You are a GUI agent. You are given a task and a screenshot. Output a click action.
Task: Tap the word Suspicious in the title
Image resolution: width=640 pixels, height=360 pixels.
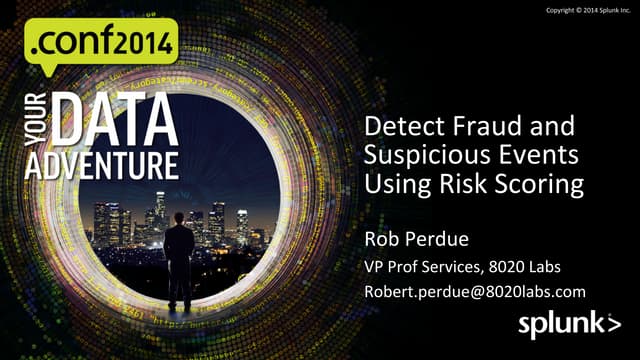(x=423, y=157)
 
